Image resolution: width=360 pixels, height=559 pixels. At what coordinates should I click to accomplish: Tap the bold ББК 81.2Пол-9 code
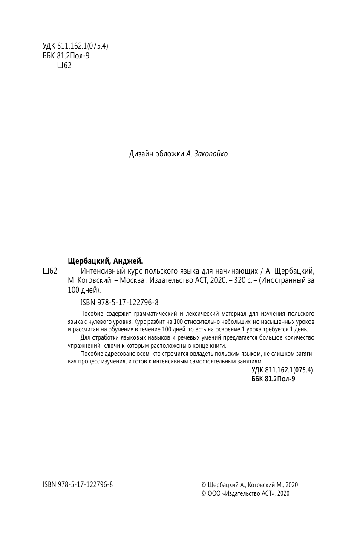(274, 378)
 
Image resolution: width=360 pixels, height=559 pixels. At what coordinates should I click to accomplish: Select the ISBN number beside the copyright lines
(78, 484)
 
